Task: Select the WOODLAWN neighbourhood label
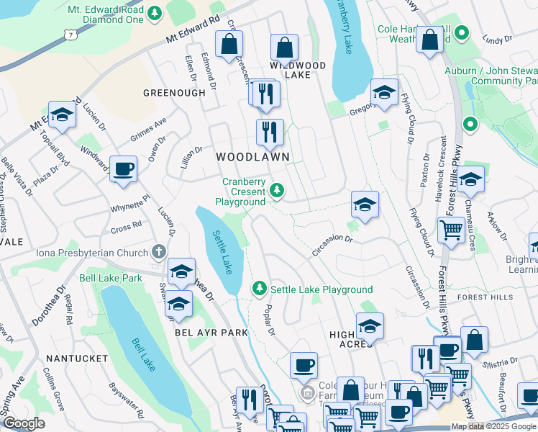[x=254, y=156]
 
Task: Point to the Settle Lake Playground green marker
[x=260, y=289]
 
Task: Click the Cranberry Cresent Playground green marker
[x=277, y=191]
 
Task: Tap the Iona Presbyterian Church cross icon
[x=159, y=253]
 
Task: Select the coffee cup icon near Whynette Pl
[x=123, y=169]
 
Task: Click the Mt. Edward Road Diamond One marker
[x=155, y=13]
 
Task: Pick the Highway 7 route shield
[x=69, y=33]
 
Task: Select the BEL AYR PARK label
[x=211, y=333]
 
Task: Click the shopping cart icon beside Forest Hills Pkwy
[x=451, y=231]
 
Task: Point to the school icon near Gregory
[x=384, y=92]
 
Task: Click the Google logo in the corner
[x=24, y=423]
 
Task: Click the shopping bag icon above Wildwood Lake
[x=285, y=48]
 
